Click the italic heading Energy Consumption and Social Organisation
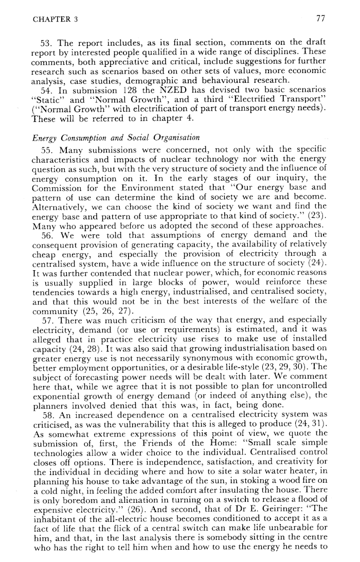click(111, 137)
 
